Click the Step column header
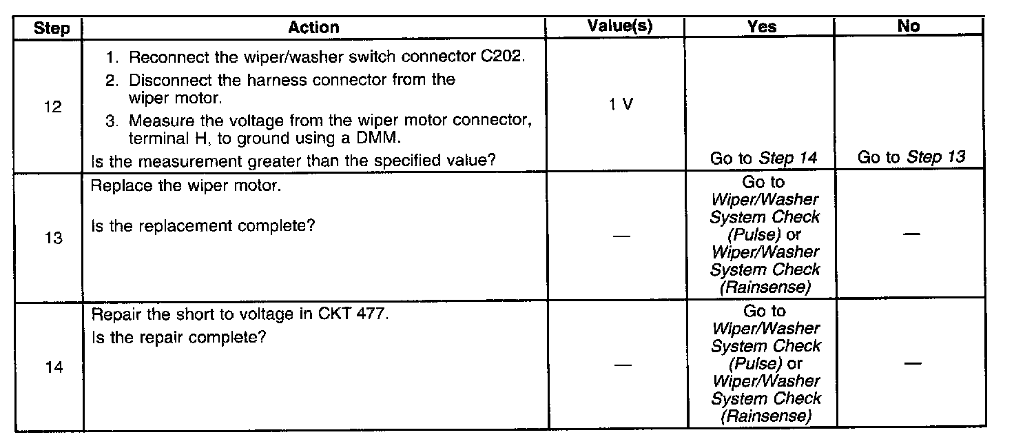click(52, 28)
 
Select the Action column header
click(313, 28)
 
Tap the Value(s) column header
click(620, 26)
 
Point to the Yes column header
click(761, 27)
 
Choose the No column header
click(909, 26)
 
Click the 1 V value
click(622, 105)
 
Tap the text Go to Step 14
click(763, 158)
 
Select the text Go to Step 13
click(911, 158)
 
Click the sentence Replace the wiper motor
click(186, 187)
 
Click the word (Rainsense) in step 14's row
click(765, 416)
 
